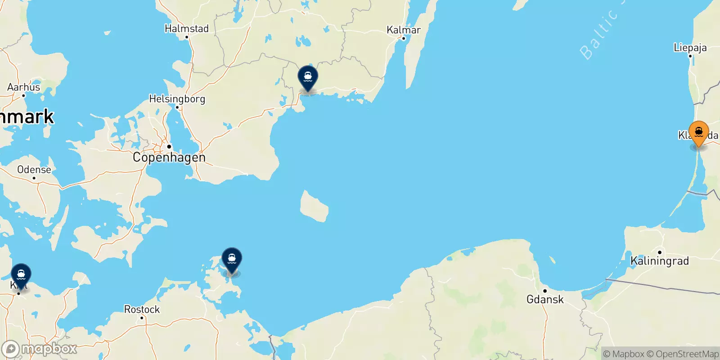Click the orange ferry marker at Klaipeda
[x=698, y=133]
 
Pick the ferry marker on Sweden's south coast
[x=308, y=78]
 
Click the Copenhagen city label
[x=169, y=157]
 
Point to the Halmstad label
[x=187, y=28]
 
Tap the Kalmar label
[x=404, y=30]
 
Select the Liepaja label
[x=690, y=47]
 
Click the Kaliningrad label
[x=660, y=261]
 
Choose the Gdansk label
[x=545, y=299]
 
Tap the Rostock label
[x=142, y=310]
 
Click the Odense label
[x=34, y=170]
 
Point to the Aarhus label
[x=24, y=87]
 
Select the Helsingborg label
[x=177, y=99]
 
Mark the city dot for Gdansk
[x=544, y=291]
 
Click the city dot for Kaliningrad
[x=660, y=252]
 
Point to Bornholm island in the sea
[x=315, y=206]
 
